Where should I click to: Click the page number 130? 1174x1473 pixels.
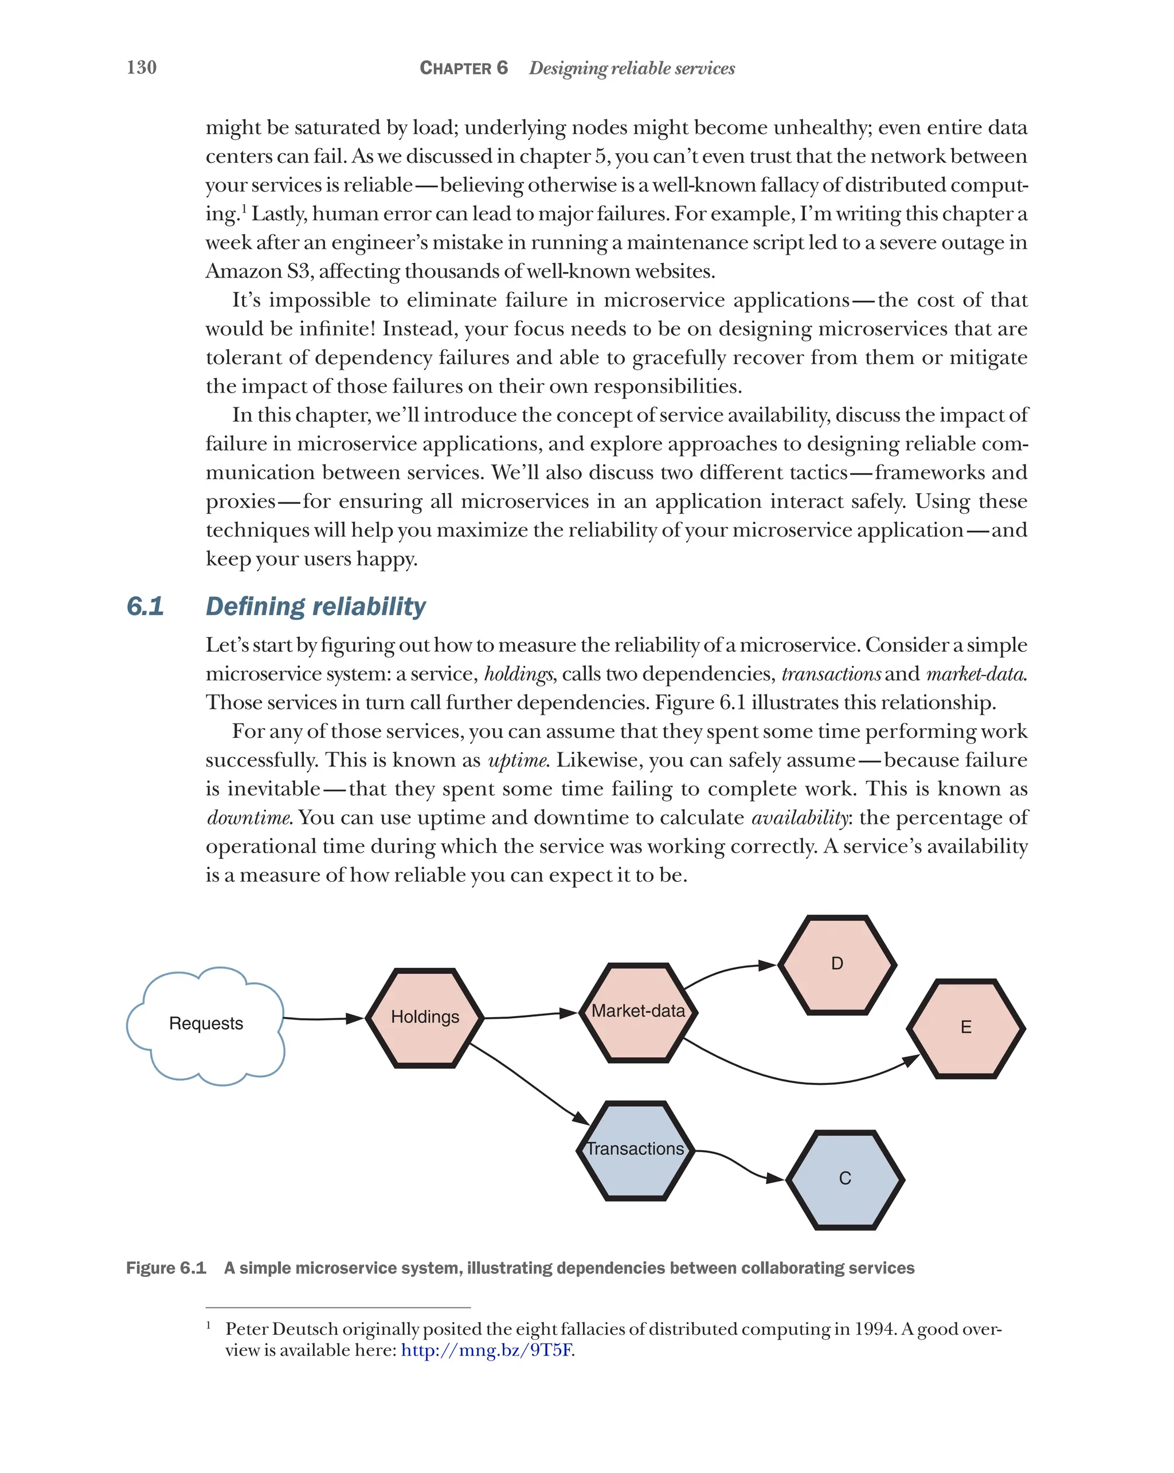tap(142, 67)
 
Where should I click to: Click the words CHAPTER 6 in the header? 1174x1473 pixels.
tap(463, 68)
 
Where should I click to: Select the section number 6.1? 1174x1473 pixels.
tap(145, 606)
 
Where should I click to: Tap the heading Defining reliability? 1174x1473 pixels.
tap(315, 606)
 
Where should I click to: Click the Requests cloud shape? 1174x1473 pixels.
tap(206, 1023)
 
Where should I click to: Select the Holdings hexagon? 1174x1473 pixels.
tap(425, 1018)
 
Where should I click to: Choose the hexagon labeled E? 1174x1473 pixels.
tap(966, 1028)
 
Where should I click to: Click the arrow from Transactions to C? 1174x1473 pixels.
tap(738, 1163)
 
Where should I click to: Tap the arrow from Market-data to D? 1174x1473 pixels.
tap(727, 971)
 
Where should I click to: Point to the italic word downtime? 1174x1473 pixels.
tap(249, 818)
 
